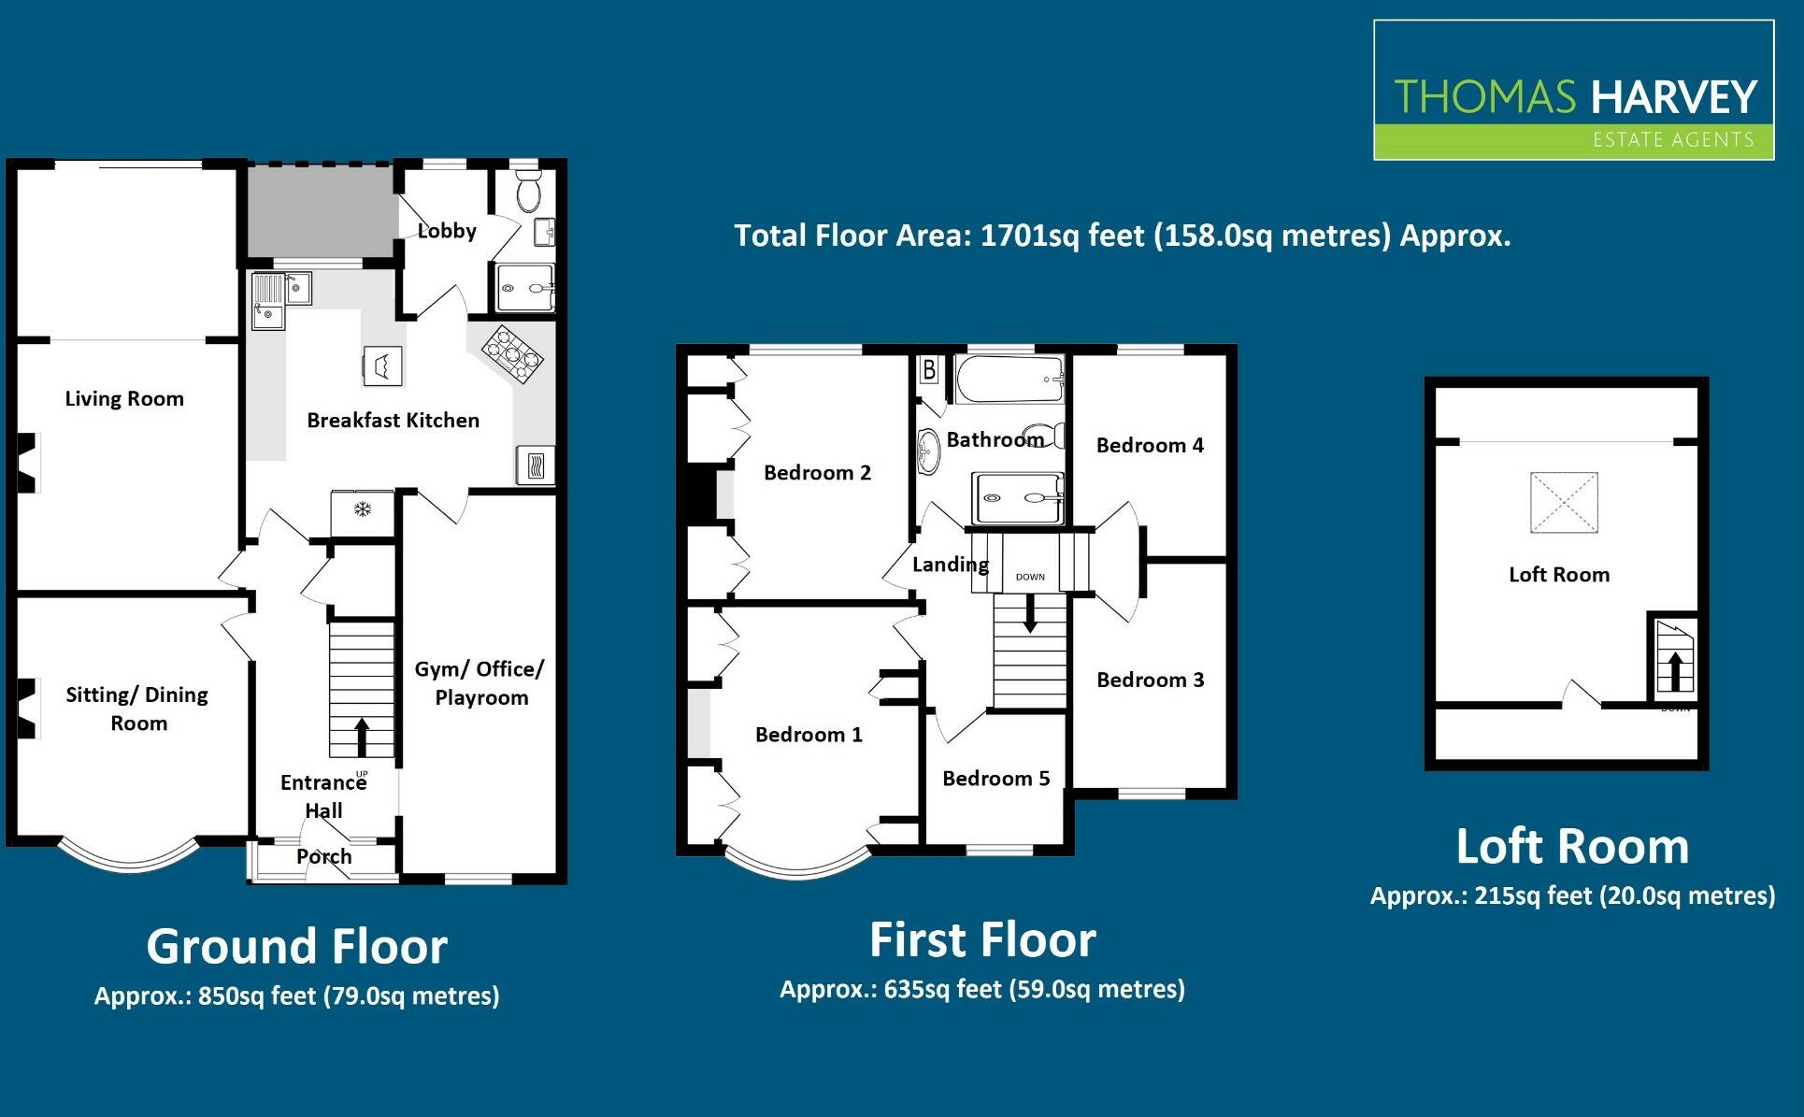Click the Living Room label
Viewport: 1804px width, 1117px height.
pos(124,399)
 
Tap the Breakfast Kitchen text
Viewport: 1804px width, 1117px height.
pos(393,421)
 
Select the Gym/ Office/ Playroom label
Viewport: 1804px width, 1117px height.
pos(480,683)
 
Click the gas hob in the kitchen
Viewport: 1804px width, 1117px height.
pos(512,354)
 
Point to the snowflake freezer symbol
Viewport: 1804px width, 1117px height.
pos(362,509)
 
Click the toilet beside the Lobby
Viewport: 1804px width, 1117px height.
pos(528,192)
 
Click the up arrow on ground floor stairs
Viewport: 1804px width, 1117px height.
pos(361,736)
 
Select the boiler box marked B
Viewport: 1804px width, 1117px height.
pos(929,371)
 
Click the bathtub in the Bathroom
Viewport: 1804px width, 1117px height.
pos(1009,379)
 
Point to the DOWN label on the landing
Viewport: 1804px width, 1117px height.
pos(1030,577)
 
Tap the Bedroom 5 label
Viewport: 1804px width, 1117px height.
pos(995,779)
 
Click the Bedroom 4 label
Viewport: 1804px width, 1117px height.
pos(1150,446)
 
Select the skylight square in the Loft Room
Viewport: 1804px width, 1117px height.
pos(1563,502)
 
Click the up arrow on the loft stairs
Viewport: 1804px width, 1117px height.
pos(1675,670)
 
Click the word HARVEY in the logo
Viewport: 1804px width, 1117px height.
pos(1673,97)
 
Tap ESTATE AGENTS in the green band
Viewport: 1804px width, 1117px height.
pos(1672,140)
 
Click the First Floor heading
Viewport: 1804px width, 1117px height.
pos(982,939)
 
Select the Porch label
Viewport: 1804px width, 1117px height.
pos(323,856)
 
